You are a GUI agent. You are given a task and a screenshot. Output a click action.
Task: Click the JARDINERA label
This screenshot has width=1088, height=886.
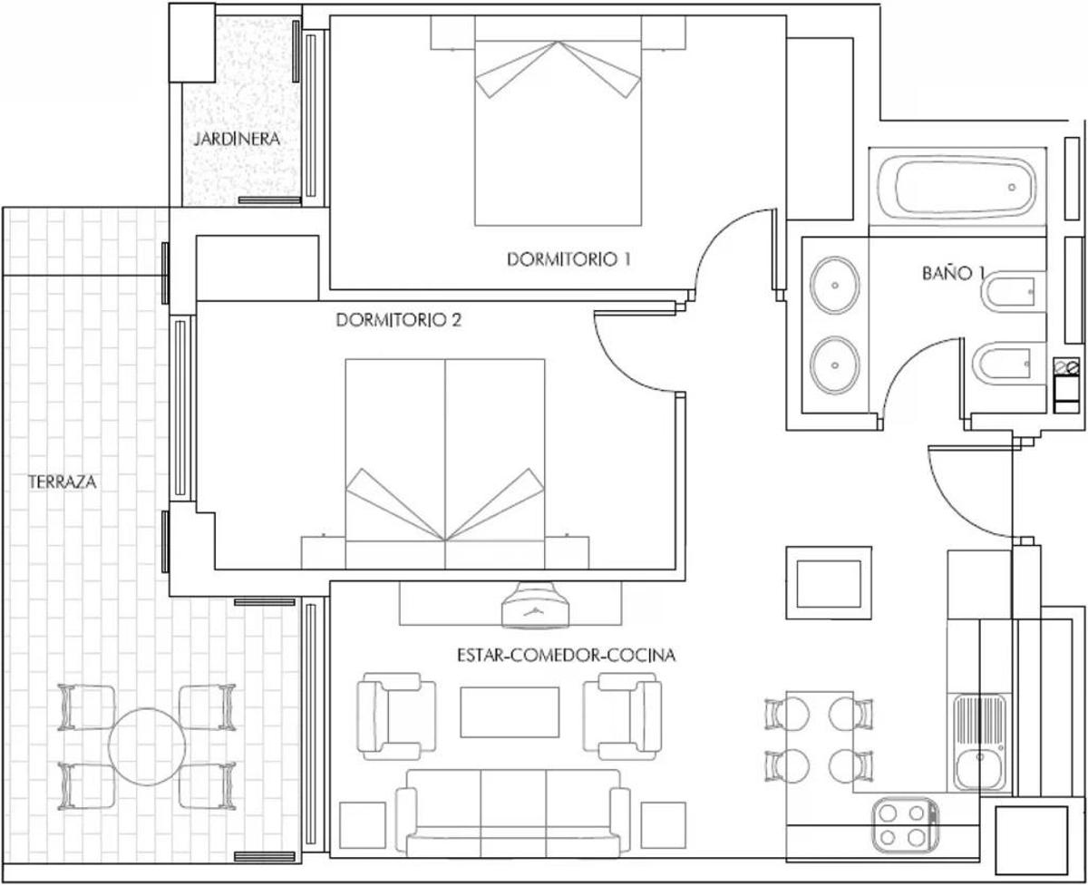pyautogui.click(x=236, y=140)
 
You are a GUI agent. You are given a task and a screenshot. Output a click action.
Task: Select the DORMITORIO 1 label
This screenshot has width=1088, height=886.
pyautogui.click(x=568, y=258)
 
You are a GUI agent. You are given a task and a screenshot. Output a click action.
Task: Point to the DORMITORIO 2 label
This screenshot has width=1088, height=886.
pyautogui.click(x=399, y=320)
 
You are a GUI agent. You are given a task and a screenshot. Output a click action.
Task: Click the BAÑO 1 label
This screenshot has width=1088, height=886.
pyautogui.click(x=953, y=272)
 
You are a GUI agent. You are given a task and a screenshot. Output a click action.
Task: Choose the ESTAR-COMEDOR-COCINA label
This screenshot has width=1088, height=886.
pyautogui.click(x=567, y=655)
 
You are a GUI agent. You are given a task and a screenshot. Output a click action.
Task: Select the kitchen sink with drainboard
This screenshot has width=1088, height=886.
pyautogui.click(x=979, y=742)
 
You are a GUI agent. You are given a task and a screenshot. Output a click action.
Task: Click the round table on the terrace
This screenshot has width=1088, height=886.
pyautogui.click(x=147, y=746)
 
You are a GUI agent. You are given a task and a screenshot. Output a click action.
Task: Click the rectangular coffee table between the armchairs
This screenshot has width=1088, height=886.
pyautogui.click(x=510, y=712)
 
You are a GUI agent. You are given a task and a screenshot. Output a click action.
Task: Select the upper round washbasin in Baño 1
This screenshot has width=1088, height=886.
pyautogui.click(x=833, y=284)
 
